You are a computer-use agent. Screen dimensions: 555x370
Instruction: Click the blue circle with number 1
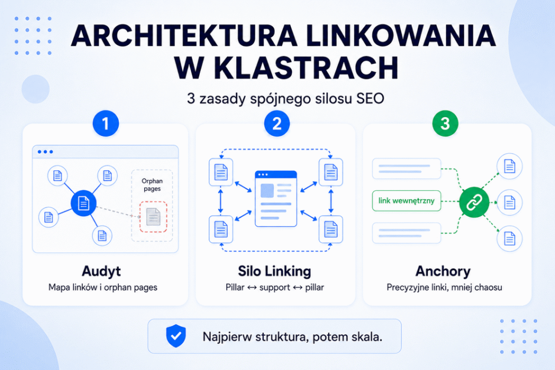point(105,124)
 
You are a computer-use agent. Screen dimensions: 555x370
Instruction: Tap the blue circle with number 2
point(277,124)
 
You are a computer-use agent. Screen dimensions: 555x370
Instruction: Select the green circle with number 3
point(445,124)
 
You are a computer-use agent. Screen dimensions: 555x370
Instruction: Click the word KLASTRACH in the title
point(307,67)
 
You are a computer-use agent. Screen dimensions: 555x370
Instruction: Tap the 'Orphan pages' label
point(152,185)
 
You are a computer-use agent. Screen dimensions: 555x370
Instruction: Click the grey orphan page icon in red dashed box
point(153,217)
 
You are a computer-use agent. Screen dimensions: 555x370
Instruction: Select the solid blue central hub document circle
point(83,203)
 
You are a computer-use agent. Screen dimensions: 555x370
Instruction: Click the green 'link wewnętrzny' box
point(406,201)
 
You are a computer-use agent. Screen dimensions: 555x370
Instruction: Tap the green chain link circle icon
point(474,203)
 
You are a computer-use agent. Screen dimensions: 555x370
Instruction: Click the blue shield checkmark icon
point(176,336)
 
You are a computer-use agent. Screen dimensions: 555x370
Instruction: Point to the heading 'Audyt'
point(101,271)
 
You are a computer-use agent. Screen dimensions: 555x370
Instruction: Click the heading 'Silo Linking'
point(275,271)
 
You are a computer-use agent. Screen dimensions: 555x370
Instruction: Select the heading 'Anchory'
point(443,271)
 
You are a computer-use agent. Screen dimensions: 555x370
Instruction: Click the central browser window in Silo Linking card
point(276,199)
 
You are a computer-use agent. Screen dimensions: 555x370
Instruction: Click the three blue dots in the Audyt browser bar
point(46,152)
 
